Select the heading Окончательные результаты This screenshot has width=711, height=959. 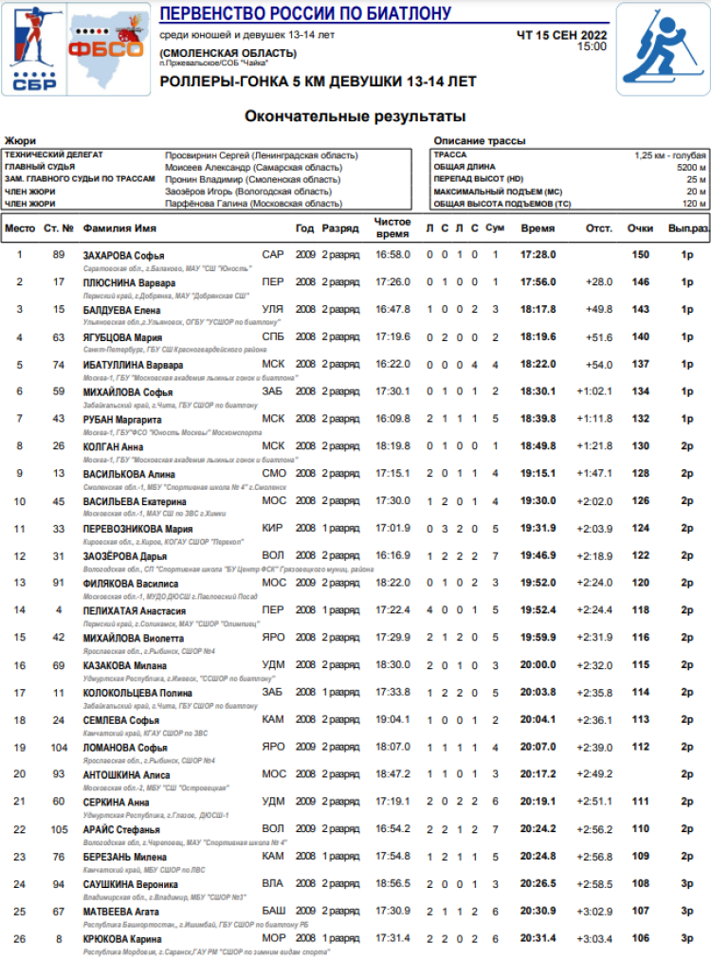(355, 117)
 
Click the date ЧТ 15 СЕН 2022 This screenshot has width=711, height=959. (562, 35)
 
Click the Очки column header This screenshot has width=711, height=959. (641, 228)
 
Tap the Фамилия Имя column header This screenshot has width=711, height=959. (119, 228)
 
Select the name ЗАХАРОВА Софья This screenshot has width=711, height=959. (123, 255)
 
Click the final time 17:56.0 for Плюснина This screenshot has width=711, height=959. (538, 282)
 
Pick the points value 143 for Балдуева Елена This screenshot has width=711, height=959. (641, 309)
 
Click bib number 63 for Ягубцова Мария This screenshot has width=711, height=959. (59, 336)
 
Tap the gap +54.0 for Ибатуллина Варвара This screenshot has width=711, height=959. (599, 364)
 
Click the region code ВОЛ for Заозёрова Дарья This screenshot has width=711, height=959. (273, 555)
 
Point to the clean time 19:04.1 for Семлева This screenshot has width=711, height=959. (392, 719)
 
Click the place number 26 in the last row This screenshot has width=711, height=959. (20, 937)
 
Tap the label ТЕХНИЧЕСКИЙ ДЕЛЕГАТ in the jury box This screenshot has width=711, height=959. (54, 154)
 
